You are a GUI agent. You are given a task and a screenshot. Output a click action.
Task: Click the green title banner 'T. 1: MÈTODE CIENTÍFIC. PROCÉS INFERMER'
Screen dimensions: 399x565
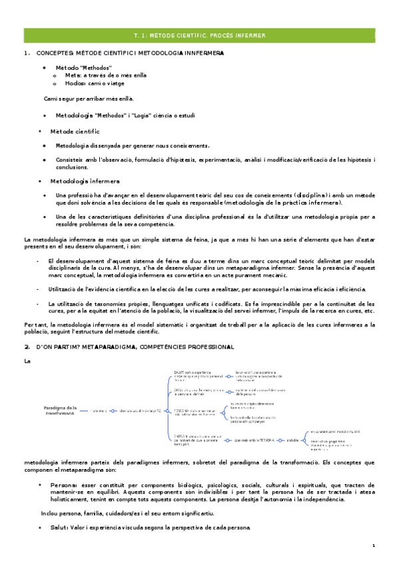(x=199, y=35)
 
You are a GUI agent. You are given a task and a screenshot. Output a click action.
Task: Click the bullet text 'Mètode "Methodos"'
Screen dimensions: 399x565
(x=83, y=68)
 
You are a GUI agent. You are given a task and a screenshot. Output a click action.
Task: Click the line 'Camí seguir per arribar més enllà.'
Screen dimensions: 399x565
(x=93, y=99)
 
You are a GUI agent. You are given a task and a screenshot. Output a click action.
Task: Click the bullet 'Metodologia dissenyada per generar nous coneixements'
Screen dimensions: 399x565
(x=133, y=145)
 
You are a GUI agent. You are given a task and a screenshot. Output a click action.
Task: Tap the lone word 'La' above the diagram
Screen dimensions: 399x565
(x=27, y=361)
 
